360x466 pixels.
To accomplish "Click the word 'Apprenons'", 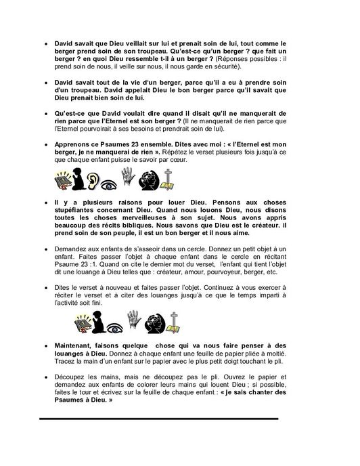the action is click(72, 144).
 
